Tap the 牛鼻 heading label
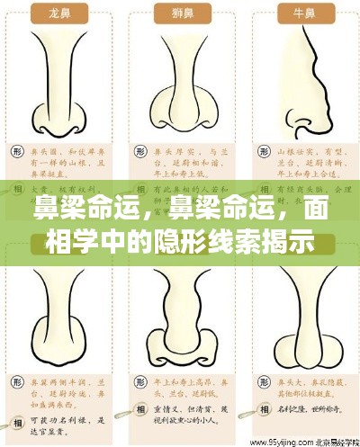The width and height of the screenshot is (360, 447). point(301,13)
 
